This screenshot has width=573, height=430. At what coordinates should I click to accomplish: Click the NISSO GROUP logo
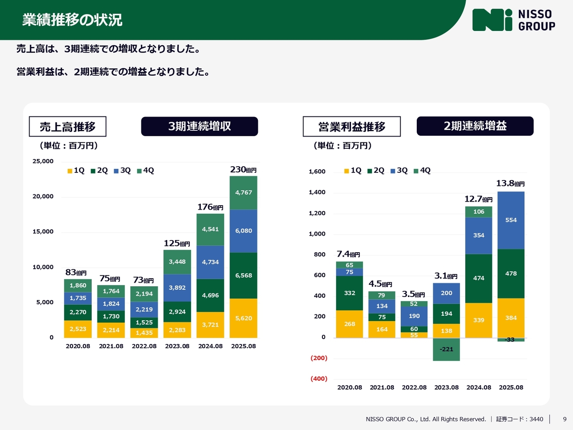(513, 20)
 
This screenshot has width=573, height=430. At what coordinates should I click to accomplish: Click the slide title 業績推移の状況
(72, 20)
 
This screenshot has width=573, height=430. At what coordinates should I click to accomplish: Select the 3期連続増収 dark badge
(199, 126)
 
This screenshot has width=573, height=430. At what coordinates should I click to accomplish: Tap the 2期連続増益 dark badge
(475, 126)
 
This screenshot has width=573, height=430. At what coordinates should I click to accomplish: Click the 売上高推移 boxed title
(68, 127)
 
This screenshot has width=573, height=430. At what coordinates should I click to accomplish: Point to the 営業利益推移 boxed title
(351, 127)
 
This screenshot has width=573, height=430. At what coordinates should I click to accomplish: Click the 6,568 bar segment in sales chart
(244, 275)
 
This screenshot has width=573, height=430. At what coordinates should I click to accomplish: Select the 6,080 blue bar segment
(244, 231)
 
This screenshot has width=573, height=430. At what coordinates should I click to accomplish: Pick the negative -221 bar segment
(446, 349)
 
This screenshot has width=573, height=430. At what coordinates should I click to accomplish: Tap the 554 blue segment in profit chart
(511, 220)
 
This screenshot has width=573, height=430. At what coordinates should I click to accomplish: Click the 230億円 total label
(243, 170)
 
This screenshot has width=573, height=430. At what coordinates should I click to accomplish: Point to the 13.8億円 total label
(510, 184)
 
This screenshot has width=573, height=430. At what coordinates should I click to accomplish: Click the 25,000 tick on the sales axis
(43, 161)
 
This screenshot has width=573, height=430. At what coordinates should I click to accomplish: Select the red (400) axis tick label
(319, 379)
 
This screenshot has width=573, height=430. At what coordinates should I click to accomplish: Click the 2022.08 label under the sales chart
(144, 346)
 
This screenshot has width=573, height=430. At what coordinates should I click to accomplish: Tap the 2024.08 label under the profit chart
(479, 387)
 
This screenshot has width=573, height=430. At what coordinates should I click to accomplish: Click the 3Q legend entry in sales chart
(122, 171)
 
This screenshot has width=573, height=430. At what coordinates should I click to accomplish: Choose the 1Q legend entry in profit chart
(353, 171)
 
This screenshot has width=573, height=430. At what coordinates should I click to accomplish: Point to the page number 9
(564, 419)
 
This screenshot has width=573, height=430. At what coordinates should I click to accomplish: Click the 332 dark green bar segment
(350, 293)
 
